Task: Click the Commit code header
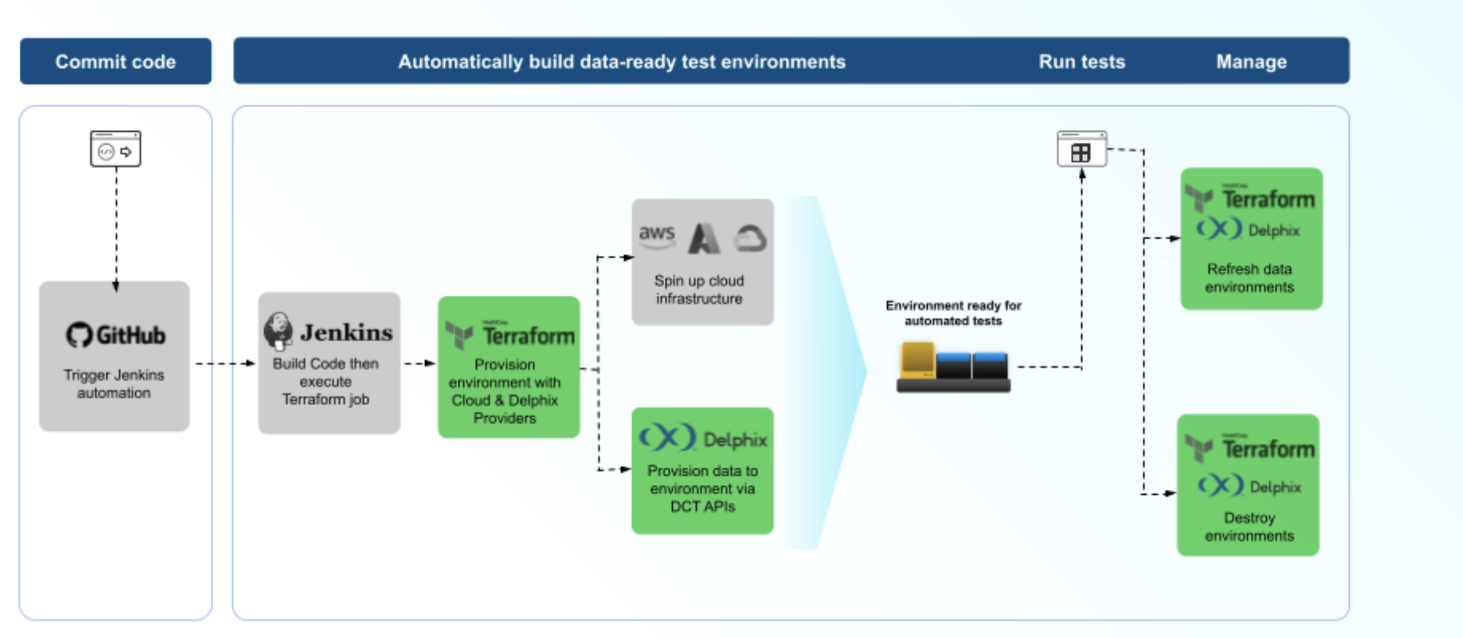tap(115, 61)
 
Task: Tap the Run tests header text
tap(1081, 62)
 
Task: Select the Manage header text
tap(1251, 62)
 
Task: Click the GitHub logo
tap(116, 335)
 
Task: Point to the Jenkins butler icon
tap(278, 331)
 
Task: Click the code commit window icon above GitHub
tap(115, 149)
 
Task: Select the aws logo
tap(656, 236)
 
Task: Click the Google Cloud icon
tap(751, 239)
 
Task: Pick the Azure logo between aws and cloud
tap(704, 238)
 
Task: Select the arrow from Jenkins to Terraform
tap(419, 364)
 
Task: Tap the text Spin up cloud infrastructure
tap(699, 290)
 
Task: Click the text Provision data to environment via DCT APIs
tap(702, 489)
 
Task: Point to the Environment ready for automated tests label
tap(953, 313)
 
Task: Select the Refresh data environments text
tap(1249, 278)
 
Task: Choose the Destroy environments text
tap(1249, 527)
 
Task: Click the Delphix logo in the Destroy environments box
tap(1249, 486)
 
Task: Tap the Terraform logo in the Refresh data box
tap(1250, 198)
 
